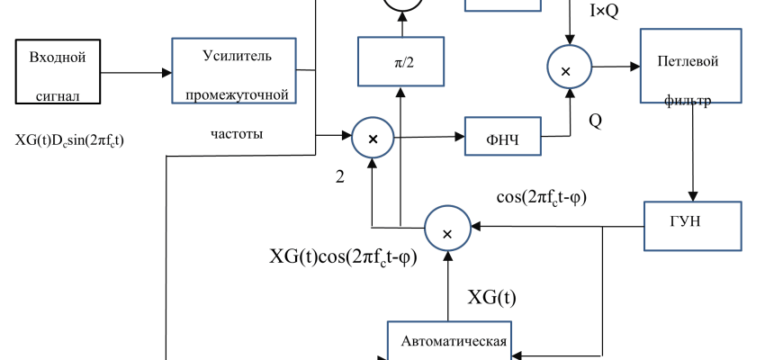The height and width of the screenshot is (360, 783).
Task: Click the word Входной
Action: (x=58, y=58)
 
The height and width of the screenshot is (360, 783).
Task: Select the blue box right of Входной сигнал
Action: (x=234, y=70)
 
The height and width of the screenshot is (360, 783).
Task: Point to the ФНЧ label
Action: (x=502, y=139)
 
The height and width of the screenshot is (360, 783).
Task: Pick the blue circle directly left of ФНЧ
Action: (x=373, y=138)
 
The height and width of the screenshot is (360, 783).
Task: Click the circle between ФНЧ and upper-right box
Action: (x=570, y=67)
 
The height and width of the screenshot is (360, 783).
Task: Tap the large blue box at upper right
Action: (x=690, y=66)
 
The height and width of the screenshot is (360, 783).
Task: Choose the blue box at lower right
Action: (x=692, y=226)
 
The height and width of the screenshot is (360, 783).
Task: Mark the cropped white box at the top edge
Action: (x=502, y=4)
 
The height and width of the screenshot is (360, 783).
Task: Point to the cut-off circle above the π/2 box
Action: (x=402, y=4)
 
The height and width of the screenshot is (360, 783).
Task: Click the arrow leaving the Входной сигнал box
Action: (x=135, y=73)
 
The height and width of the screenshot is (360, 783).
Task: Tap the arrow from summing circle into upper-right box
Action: (x=616, y=67)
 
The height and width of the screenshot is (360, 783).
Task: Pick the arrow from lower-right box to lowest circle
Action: (x=558, y=227)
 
